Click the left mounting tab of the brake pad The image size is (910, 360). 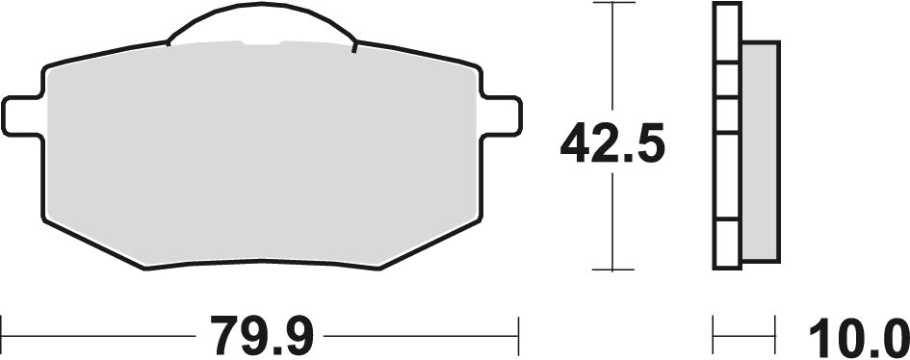click(x=22, y=116)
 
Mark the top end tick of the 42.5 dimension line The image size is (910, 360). click(x=613, y=3)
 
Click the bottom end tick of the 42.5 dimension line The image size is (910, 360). click(x=613, y=270)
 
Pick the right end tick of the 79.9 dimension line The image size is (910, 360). click(x=519, y=337)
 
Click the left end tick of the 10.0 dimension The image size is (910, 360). click(x=714, y=337)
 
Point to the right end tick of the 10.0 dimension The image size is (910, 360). click(x=776, y=337)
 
